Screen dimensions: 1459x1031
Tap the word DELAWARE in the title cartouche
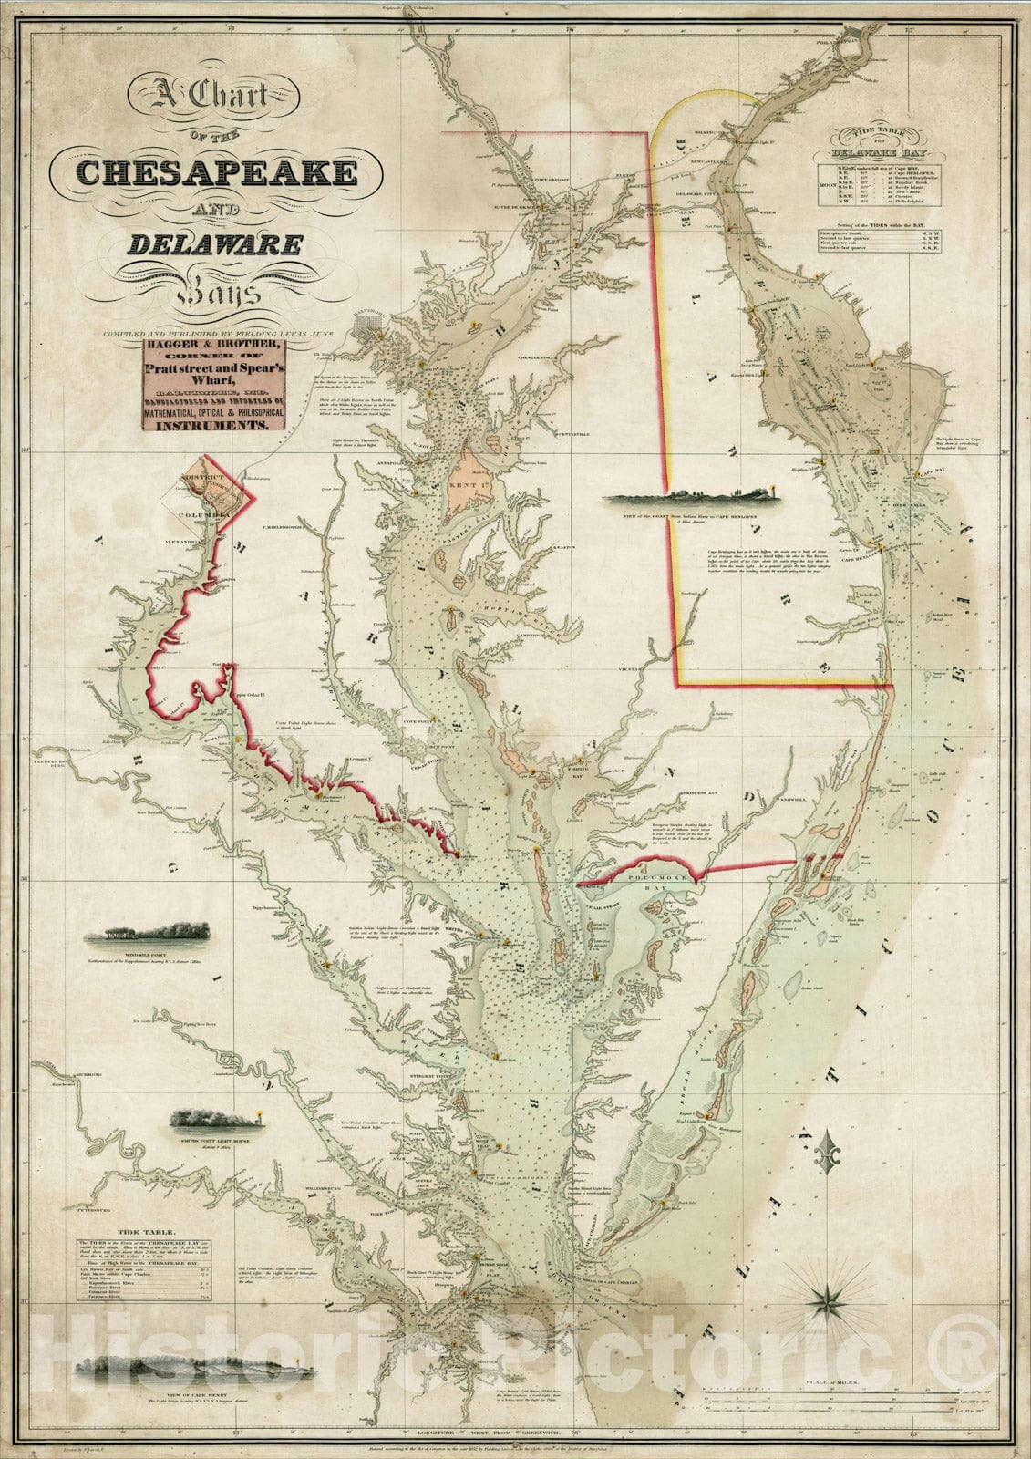point(215,244)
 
